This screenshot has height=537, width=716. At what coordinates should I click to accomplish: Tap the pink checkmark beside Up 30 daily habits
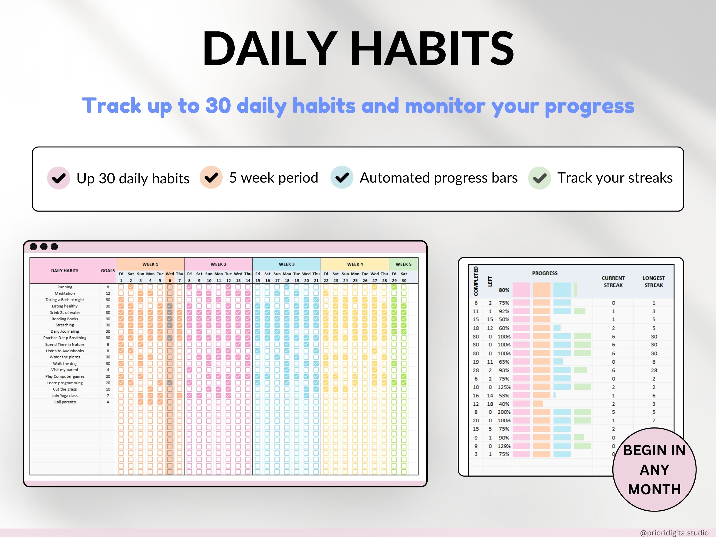(x=59, y=178)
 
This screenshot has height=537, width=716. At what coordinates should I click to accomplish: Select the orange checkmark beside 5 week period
(x=211, y=177)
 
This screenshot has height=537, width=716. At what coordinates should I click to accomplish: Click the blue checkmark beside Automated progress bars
(x=342, y=177)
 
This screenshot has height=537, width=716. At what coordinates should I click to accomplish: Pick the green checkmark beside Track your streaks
(x=540, y=178)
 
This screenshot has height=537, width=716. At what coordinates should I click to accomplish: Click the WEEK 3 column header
(x=286, y=264)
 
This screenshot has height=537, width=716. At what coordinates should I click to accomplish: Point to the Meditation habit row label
(x=65, y=293)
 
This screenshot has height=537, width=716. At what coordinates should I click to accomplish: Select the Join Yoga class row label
(x=65, y=396)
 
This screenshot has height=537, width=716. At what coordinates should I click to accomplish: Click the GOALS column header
(x=108, y=271)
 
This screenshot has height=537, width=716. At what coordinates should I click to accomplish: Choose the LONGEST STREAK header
(x=653, y=282)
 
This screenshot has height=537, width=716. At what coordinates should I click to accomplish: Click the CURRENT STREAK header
(x=613, y=282)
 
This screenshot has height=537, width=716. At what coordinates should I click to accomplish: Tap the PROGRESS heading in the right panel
(x=545, y=273)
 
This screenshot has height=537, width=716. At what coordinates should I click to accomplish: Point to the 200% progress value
(x=504, y=412)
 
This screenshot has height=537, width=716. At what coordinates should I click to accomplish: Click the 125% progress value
(x=504, y=387)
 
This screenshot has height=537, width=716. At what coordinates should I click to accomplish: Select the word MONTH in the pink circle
(x=655, y=489)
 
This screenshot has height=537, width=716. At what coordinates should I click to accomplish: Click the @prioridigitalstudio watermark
(x=674, y=533)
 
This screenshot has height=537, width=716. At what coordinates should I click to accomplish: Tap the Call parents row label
(x=65, y=402)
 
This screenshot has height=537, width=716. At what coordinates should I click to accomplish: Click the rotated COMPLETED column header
(x=476, y=281)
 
